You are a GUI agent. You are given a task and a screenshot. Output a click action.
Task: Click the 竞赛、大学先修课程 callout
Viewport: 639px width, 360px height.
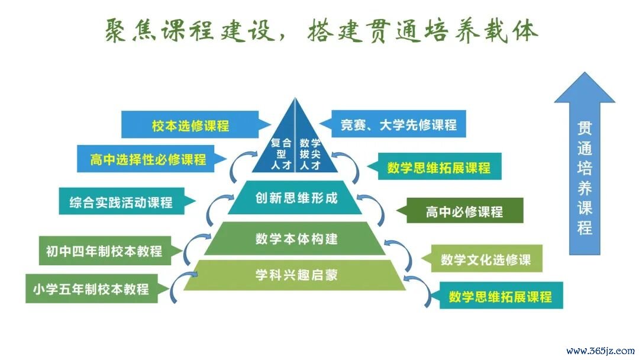pos(398,124)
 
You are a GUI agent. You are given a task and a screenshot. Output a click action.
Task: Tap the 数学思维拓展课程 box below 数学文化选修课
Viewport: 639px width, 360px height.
pos(501,295)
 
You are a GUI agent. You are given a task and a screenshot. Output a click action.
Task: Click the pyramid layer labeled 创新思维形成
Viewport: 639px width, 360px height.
pos(295,198)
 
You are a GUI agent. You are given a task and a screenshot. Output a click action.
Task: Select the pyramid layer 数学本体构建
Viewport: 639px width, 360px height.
pos(295,239)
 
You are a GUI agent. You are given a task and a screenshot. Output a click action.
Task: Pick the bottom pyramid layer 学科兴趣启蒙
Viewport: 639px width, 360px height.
pos(295,275)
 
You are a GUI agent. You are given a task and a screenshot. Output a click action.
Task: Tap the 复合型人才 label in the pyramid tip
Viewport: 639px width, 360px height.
pos(281,154)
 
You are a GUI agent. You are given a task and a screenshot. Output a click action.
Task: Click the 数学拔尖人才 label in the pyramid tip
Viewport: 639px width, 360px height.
pos(310,154)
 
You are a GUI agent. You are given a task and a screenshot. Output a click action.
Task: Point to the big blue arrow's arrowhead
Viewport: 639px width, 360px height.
pos(585,88)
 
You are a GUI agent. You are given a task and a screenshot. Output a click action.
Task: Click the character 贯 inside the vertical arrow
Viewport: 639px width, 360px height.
pos(585,128)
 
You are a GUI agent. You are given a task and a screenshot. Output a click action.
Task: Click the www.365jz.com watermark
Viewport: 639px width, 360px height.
pos(601,351)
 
